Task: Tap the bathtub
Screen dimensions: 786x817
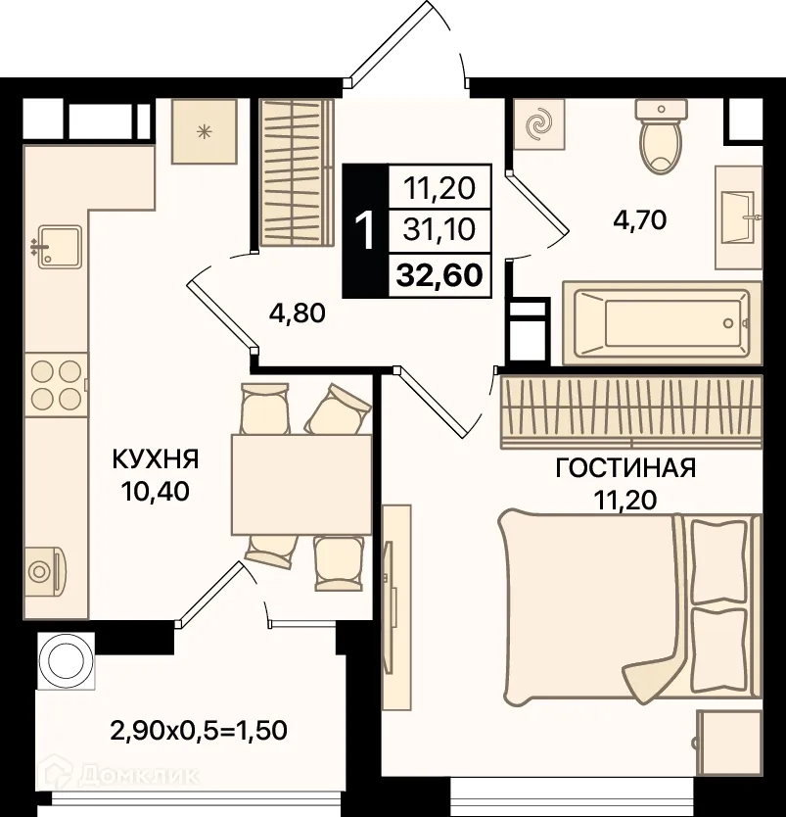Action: (x=663, y=323)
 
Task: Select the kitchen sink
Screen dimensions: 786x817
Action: (x=60, y=247)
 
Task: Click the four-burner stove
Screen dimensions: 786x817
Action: (x=56, y=385)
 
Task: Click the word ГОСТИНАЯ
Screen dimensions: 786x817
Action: (x=625, y=468)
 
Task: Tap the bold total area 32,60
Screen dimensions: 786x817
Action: (x=439, y=275)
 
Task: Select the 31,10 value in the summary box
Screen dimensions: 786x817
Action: (x=439, y=229)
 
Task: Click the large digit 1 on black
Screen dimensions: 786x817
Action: (x=365, y=231)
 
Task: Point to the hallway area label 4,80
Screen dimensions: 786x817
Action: (x=298, y=313)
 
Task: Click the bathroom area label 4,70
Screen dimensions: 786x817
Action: (x=640, y=220)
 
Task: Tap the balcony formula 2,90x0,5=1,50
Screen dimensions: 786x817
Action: (x=199, y=731)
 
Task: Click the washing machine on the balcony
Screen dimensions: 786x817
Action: (x=67, y=660)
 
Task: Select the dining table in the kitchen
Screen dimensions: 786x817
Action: (x=301, y=485)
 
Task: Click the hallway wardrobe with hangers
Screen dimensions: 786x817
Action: (x=297, y=172)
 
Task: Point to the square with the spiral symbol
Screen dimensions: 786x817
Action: (x=539, y=124)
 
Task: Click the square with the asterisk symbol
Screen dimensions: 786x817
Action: (x=205, y=131)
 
